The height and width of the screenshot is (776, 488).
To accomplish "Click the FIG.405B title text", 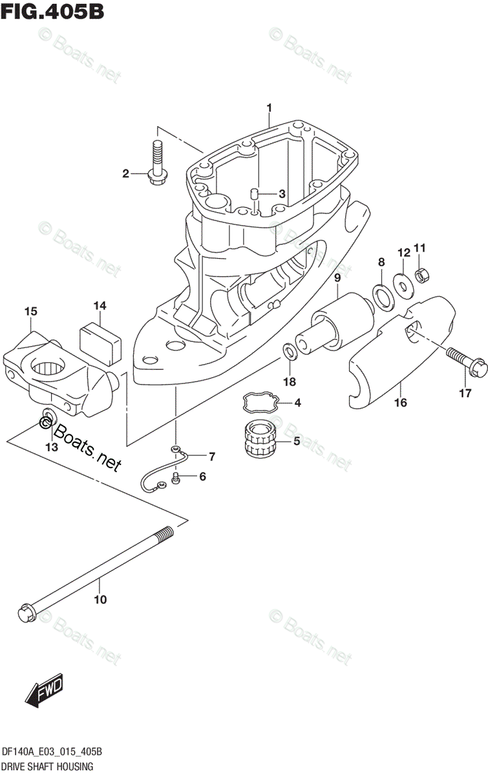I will [x=53, y=12].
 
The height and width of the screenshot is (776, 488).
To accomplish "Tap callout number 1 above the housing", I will [x=270, y=107].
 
